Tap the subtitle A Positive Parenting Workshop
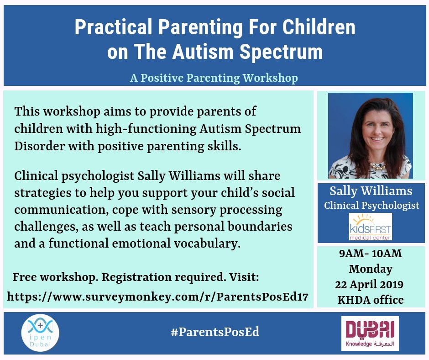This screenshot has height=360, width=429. (x=214, y=78)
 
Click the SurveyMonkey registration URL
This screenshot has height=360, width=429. (x=157, y=296)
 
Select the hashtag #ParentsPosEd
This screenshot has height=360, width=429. (x=215, y=332)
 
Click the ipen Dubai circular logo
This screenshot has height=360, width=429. (x=40, y=333)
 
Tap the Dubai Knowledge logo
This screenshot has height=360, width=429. (x=370, y=334)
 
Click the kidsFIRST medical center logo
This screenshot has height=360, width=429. (x=371, y=227)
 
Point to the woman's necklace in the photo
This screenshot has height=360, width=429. (x=378, y=166)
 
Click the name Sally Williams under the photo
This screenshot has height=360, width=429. (x=371, y=191)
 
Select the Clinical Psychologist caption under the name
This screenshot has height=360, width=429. (x=371, y=205)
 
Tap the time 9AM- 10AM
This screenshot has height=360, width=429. (x=371, y=254)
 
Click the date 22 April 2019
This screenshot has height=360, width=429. (x=369, y=284)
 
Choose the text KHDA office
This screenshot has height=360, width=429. (x=371, y=300)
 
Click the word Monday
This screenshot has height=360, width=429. (x=371, y=269)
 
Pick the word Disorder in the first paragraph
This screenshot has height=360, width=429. (x=39, y=146)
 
